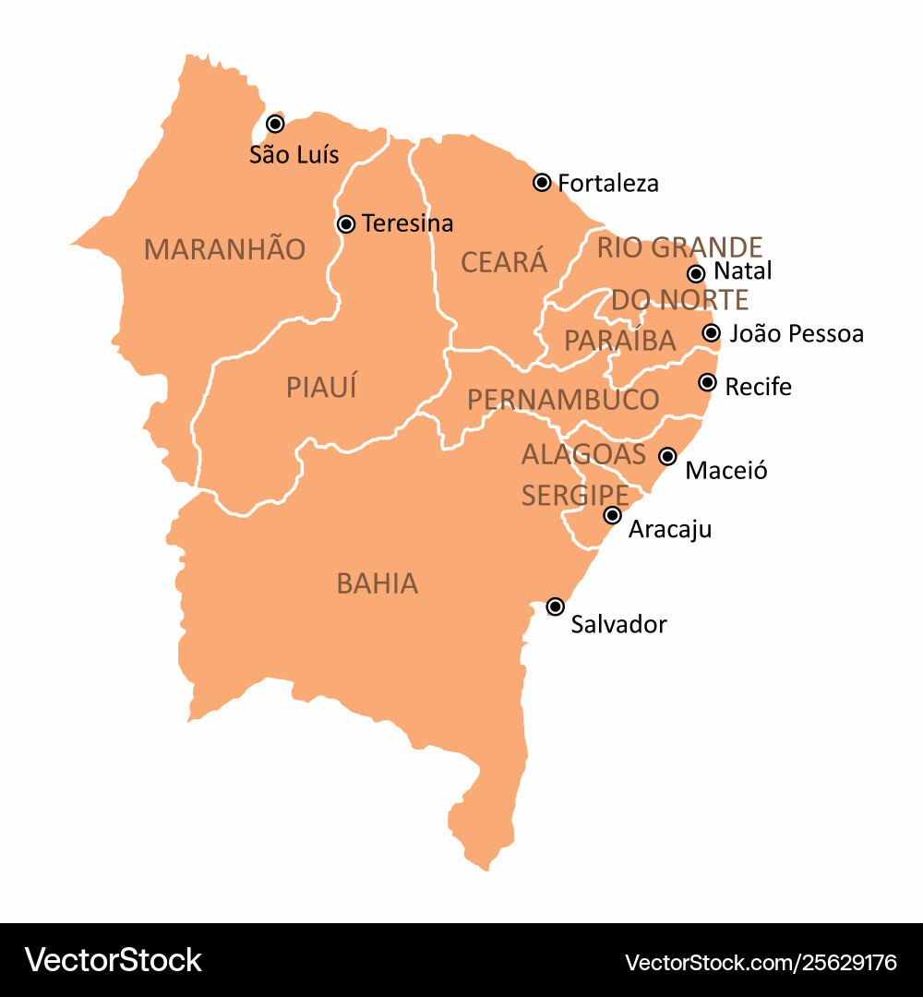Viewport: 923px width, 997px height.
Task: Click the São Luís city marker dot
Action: (275, 124)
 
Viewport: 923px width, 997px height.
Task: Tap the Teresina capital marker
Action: (346, 223)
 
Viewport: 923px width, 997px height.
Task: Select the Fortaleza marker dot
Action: (543, 182)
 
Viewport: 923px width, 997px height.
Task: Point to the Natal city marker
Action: (697, 273)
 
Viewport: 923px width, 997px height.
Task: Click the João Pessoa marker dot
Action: (711, 333)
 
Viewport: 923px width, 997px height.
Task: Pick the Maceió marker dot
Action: (667, 456)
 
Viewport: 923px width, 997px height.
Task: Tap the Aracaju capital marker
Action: (613, 515)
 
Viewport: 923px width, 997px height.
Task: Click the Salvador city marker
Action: (556, 607)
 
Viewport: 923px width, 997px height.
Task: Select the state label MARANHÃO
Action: (224, 249)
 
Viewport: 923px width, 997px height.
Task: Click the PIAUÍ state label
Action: (321, 388)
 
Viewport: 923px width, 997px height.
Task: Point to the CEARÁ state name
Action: (504, 262)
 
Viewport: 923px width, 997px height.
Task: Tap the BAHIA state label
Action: (378, 583)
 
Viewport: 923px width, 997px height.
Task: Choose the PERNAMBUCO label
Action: (563, 400)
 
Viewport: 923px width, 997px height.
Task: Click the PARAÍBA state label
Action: (620, 341)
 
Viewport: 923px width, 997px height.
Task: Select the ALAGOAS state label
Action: (583, 454)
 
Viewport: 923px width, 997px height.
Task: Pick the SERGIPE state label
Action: (575, 496)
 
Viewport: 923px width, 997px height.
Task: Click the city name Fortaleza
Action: (608, 184)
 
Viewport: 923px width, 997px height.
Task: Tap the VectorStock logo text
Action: (113, 960)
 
